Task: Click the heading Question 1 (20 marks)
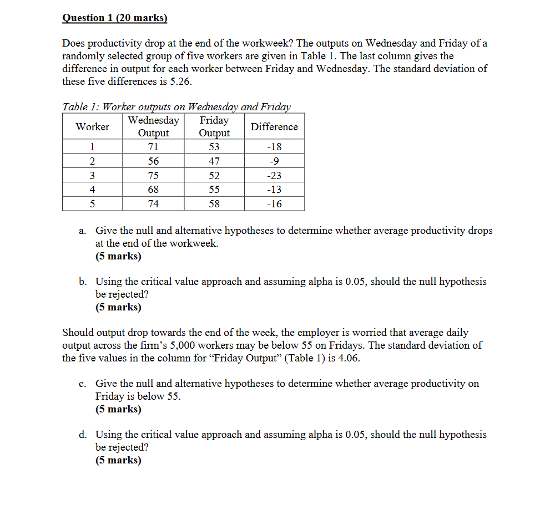pos(114,18)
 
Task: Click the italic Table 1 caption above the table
pos(176,106)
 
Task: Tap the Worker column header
pos(92,126)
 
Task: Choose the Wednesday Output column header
pos(153,126)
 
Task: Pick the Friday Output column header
pos(214,126)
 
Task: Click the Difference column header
pos(274,126)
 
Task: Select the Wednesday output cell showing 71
pos(153,147)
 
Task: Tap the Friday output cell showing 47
pos(214,161)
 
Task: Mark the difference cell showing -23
pos(274,176)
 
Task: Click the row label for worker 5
pos(92,204)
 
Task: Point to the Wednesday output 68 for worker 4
pos(153,190)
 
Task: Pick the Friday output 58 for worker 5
pos(214,204)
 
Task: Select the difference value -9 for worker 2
pos(274,161)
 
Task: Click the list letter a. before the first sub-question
pos(82,231)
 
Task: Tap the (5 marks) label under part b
pos(118,307)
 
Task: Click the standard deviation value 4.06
pos(348,358)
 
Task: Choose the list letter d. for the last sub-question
pos(82,435)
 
